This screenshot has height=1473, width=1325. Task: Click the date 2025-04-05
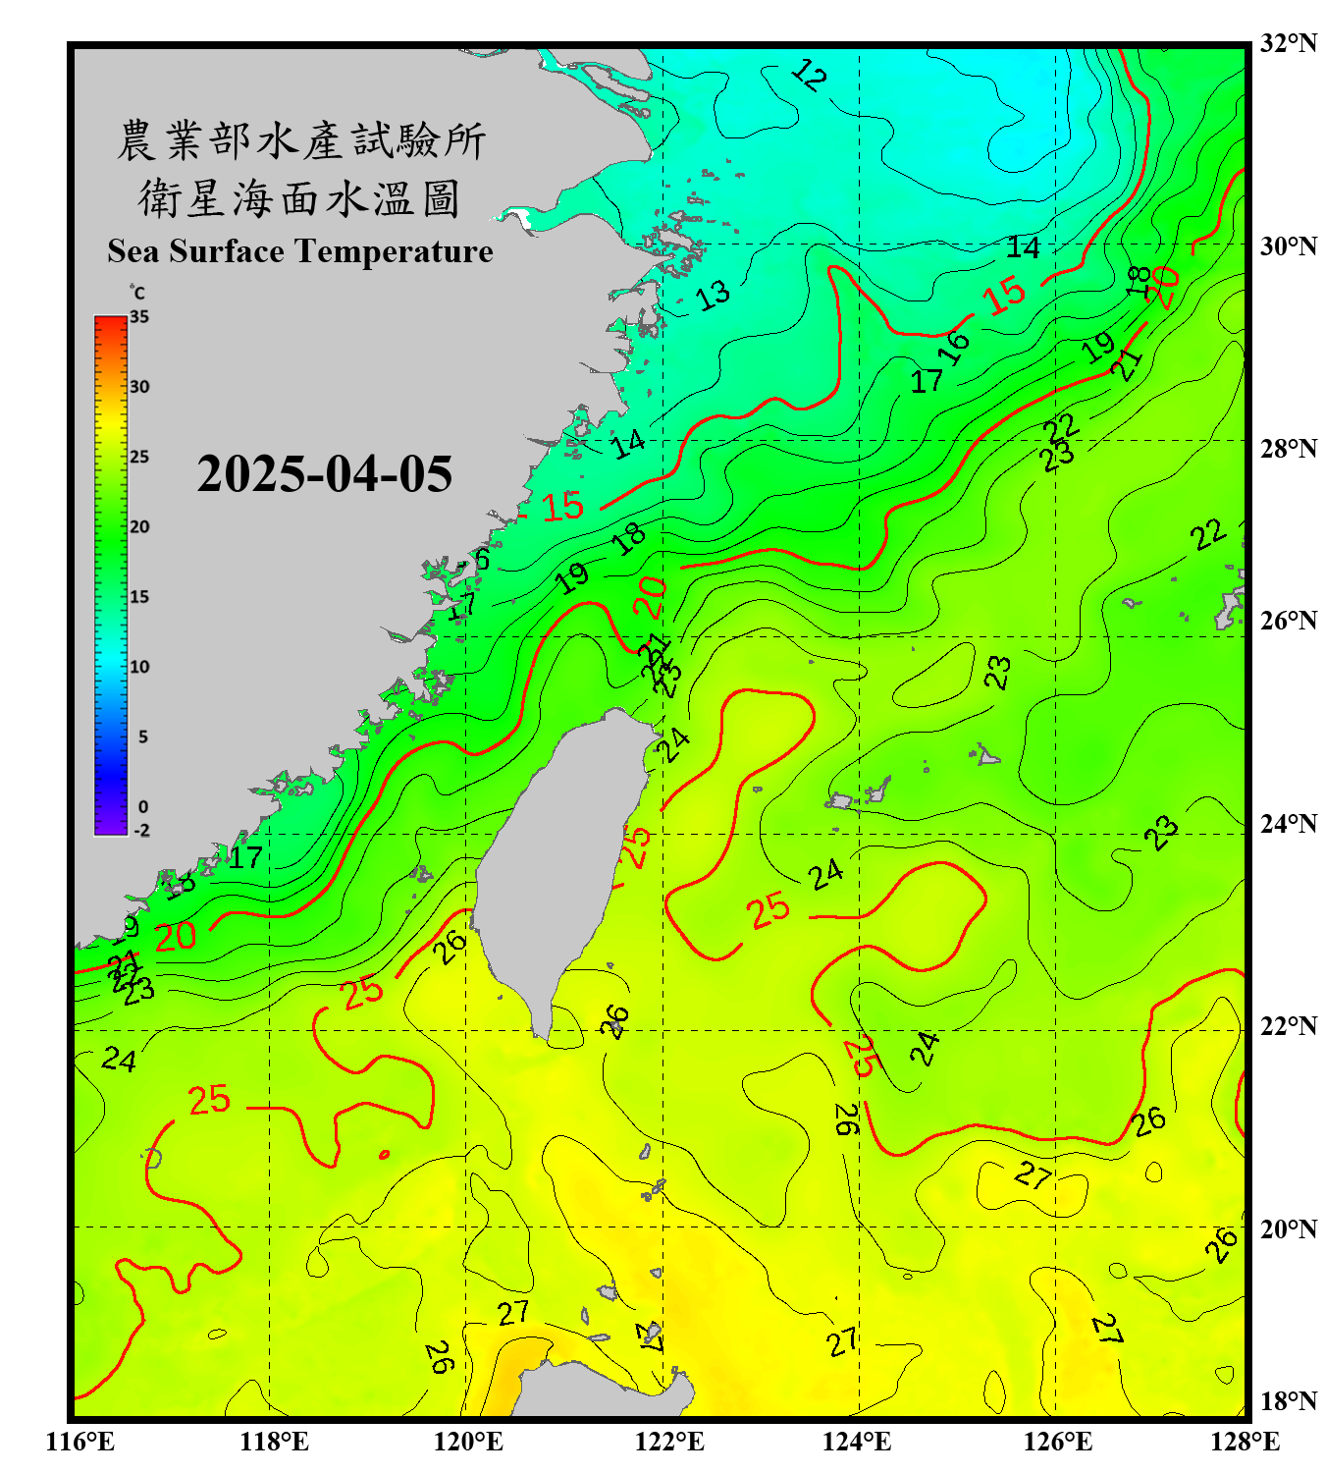(324, 474)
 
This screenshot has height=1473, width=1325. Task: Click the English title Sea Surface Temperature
(300, 251)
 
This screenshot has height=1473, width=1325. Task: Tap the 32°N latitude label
(1288, 43)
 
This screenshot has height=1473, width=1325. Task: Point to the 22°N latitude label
(1288, 1026)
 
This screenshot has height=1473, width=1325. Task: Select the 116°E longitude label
(80, 1442)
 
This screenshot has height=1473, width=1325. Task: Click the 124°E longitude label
(857, 1442)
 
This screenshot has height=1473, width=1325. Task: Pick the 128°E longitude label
(1245, 1442)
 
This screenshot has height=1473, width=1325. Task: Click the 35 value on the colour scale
(139, 317)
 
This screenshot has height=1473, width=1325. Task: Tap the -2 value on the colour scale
(141, 831)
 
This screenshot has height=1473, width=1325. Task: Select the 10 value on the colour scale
(139, 667)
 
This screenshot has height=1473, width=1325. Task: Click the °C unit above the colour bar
(137, 294)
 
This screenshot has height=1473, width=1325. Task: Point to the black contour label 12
(809, 75)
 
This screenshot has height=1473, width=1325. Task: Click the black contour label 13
(713, 295)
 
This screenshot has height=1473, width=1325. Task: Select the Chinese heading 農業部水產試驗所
(300, 141)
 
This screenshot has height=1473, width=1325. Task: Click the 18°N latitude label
(1288, 1401)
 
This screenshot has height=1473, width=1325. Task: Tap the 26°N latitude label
(1288, 621)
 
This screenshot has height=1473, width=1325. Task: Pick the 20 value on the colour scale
(139, 526)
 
